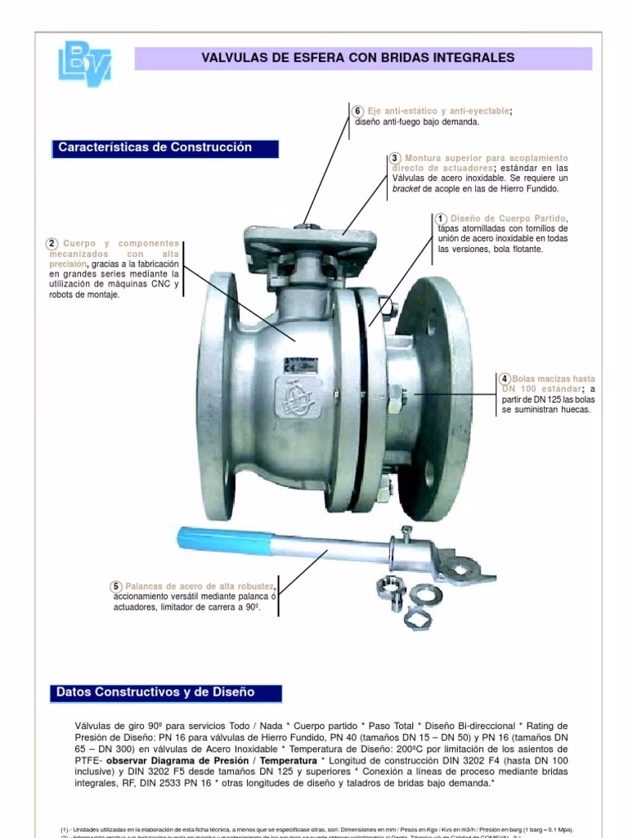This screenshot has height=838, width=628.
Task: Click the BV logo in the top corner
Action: click(x=85, y=62)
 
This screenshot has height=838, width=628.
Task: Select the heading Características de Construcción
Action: click(x=155, y=148)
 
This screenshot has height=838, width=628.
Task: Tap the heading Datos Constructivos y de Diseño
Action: click(x=155, y=692)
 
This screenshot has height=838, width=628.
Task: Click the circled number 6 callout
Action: click(x=357, y=111)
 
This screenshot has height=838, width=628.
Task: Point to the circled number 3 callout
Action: click(x=395, y=158)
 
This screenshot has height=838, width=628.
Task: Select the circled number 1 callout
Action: click(x=441, y=219)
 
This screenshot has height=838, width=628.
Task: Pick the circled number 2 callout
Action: click(x=52, y=243)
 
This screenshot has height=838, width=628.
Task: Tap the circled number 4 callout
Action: click(x=505, y=379)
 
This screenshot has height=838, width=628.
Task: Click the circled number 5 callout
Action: click(x=117, y=587)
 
